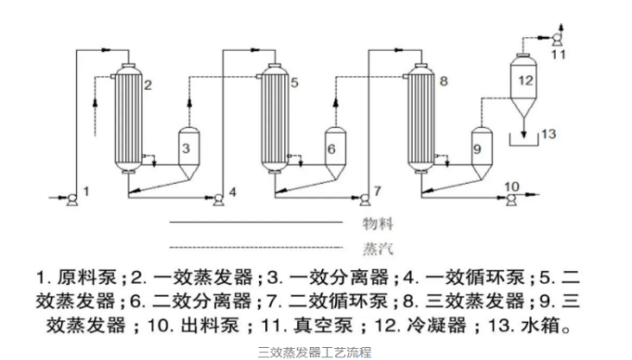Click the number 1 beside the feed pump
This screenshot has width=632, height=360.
tap(86, 191)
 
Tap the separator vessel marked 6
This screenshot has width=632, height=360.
tap(333, 149)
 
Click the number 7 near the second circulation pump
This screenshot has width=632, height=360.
tap(377, 191)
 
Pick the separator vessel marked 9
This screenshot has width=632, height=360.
tap(479, 148)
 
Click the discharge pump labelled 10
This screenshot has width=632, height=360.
tap(511, 196)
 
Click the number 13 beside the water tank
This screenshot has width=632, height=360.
tap(549, 135)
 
